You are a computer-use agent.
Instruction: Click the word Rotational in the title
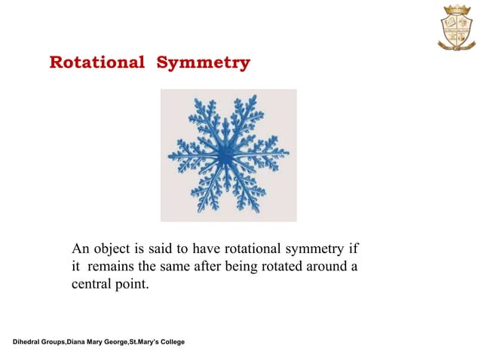pos(97,63)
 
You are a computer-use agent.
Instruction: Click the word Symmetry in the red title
pos(203,63)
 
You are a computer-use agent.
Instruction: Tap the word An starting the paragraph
pos(80,249)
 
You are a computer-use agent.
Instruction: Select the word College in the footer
pos(169,343)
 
